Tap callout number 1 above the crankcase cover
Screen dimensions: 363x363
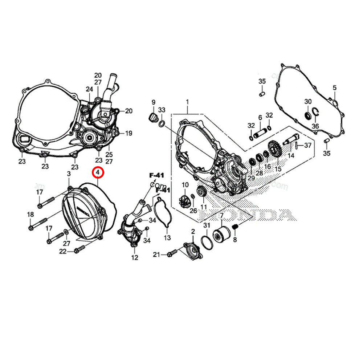point(187,102)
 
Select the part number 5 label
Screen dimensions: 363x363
point(334,87)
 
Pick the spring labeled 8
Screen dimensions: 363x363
point(234,228)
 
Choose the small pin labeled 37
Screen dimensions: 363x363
point(297,146)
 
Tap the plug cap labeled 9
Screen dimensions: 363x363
point(153,118)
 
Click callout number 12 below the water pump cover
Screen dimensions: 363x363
point(135,258)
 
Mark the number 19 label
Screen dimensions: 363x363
point(129,133)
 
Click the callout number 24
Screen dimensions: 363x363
point(89,89)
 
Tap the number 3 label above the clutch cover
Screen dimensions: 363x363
point(69,175)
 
